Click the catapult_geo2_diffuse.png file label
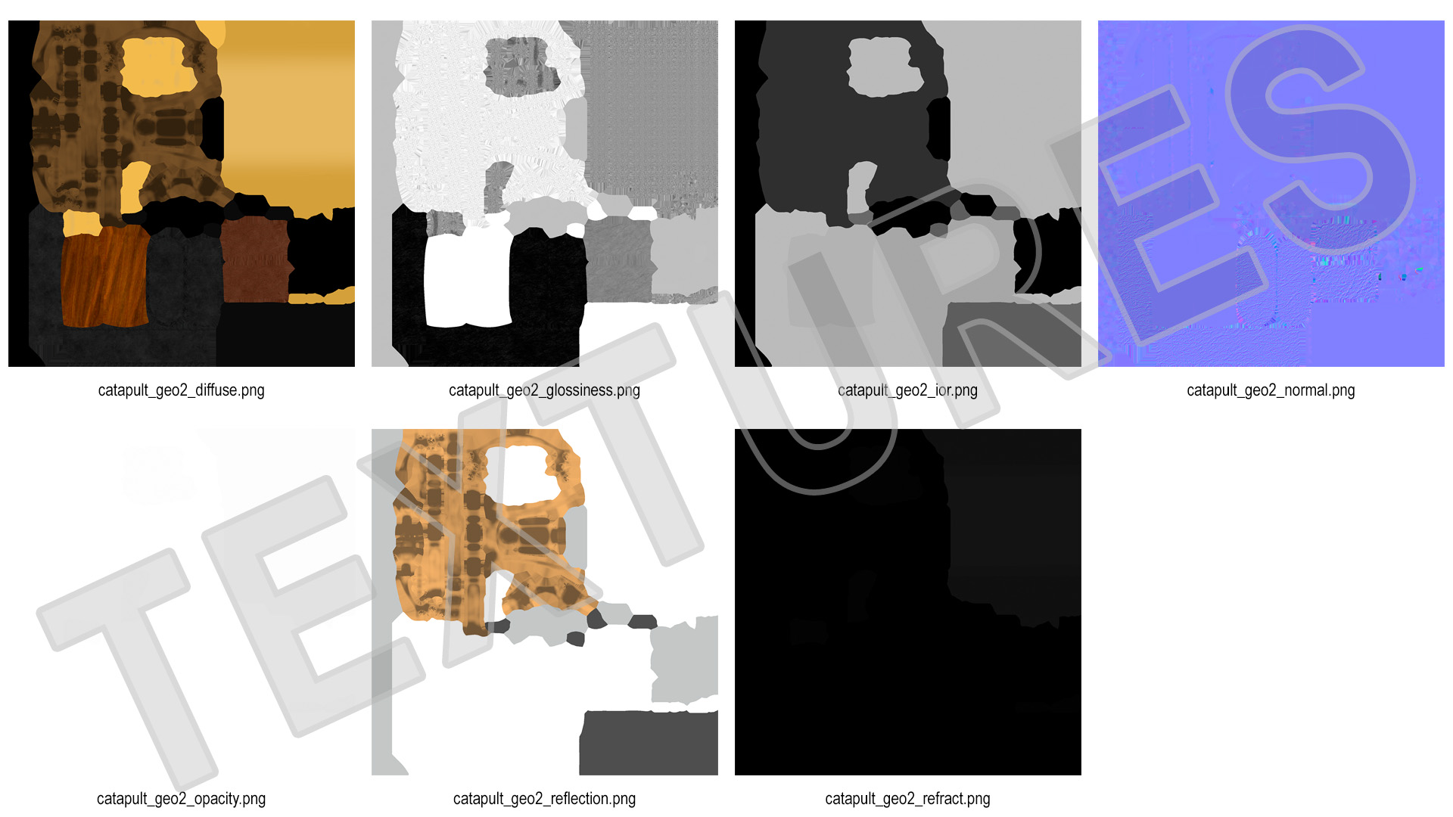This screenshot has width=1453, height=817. click(181, 390)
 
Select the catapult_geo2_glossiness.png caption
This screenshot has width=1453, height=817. click(544, 390)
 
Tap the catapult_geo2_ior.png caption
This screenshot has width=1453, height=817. click(907, 390)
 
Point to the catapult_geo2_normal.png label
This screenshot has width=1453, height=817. click(1271, 390)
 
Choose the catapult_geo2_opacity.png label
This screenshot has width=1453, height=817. click(181, 799)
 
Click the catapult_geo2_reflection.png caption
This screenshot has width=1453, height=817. click(544, 799)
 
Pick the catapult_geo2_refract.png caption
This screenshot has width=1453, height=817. click(907, 799)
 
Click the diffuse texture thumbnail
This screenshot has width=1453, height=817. click(182, 194)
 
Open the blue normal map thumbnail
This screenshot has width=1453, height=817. click(1271, 194)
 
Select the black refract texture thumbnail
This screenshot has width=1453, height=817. click(908, 602)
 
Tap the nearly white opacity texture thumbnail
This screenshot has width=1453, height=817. click(182, 602)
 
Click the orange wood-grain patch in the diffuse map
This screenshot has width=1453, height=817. click(104, 276)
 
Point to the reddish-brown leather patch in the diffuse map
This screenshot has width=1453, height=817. click(256, 259)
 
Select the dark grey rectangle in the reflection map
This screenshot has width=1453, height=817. click(649, 743)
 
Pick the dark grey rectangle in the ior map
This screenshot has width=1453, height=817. click(1012, 334)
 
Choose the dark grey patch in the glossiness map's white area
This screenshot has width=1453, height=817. click(522, 67)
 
